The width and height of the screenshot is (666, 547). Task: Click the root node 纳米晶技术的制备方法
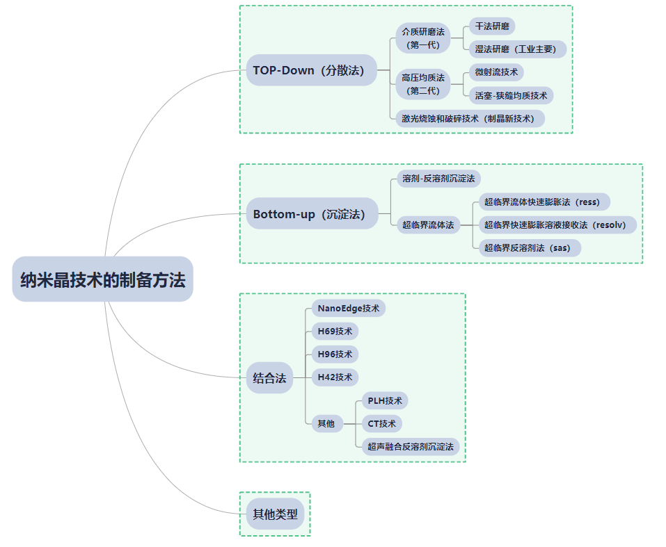point(102,279)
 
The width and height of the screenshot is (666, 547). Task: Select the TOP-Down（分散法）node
point(308,70)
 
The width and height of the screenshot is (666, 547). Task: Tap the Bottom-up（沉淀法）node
point(308,214)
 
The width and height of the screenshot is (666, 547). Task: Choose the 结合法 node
point(269,378)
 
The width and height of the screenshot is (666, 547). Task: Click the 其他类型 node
point(275,514)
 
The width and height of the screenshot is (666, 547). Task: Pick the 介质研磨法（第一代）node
point(423,38)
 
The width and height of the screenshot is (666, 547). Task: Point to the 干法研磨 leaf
point(492,26)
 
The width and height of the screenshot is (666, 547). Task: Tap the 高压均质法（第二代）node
point(423,83)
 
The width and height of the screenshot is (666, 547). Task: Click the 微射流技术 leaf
point(496,72)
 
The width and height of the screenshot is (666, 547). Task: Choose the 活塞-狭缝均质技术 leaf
point(511,95)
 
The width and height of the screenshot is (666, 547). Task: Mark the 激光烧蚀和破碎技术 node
point(468,118)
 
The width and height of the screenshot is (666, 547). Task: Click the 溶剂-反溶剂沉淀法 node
point(438,179)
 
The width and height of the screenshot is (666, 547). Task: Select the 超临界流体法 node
point(428,224)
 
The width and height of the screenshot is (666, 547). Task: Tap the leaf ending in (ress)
point(541,202)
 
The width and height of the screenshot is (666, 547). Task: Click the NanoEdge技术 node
point(348,308)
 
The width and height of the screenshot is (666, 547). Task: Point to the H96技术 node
point(335,354)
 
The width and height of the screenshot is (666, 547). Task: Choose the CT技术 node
point(382,423)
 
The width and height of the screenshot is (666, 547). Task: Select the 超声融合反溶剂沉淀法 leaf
point(411,446)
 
